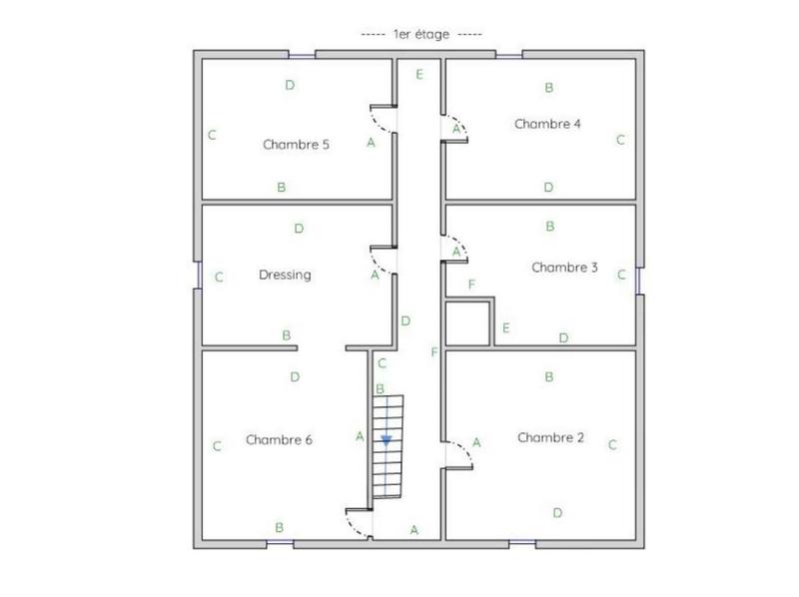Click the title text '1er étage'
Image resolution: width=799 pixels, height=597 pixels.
(x=406, y=34)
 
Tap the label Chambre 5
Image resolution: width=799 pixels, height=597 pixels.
(x=296, y=144)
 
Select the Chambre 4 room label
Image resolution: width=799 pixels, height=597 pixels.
(x=547, y=124)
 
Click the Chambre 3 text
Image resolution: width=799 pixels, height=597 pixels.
(x=564, y=267)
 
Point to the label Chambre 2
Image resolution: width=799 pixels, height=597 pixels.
(x=551, y=437)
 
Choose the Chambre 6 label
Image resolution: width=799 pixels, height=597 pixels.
(x=279, y=439)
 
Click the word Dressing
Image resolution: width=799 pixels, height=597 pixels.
(x=285, y=275)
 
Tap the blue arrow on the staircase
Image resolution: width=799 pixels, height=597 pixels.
(x=387, y=439)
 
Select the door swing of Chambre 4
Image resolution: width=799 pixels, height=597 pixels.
(x=455, y=129)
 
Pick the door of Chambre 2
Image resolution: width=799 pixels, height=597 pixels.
(x=458, y=453)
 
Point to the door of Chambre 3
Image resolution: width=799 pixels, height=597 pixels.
(x=455, y=250)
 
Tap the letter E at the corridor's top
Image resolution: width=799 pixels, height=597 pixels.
(x=419, y=75)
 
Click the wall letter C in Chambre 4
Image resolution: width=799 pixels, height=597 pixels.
(x=620, y=140)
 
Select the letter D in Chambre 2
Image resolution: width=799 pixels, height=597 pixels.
(x=557, y=512)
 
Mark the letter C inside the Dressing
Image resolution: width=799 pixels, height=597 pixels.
(x=218, y=278)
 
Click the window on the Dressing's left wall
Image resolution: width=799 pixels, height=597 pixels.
(x=198, y=275)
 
